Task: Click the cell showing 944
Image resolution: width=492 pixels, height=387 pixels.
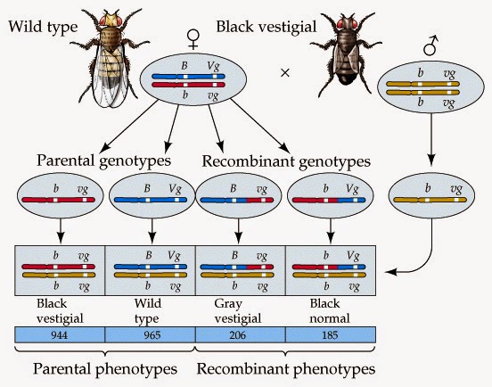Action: coord(60,335)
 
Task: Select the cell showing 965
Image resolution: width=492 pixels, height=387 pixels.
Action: coord(150,335)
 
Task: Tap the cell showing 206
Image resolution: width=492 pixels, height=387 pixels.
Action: coord(240,335)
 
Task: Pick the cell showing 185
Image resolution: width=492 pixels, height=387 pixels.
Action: coord(329,335)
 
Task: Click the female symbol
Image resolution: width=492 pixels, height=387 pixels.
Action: coord(192,37)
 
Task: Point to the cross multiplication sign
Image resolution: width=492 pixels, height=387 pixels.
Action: coord(285,72)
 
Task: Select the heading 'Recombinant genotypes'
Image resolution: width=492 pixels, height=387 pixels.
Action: coord(285,161)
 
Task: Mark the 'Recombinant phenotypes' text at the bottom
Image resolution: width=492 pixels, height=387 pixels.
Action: coord(285,367)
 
